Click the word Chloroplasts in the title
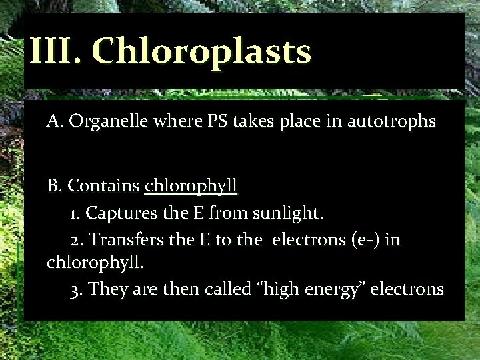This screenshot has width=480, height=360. tap(201, 51)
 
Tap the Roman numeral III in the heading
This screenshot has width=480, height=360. tap(53, 51)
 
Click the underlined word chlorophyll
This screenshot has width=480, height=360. tap(191, 185)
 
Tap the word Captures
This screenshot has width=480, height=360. tap(119, 213)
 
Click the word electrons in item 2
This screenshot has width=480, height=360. tap(304, 239)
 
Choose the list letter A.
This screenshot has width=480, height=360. tap(53, 121)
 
